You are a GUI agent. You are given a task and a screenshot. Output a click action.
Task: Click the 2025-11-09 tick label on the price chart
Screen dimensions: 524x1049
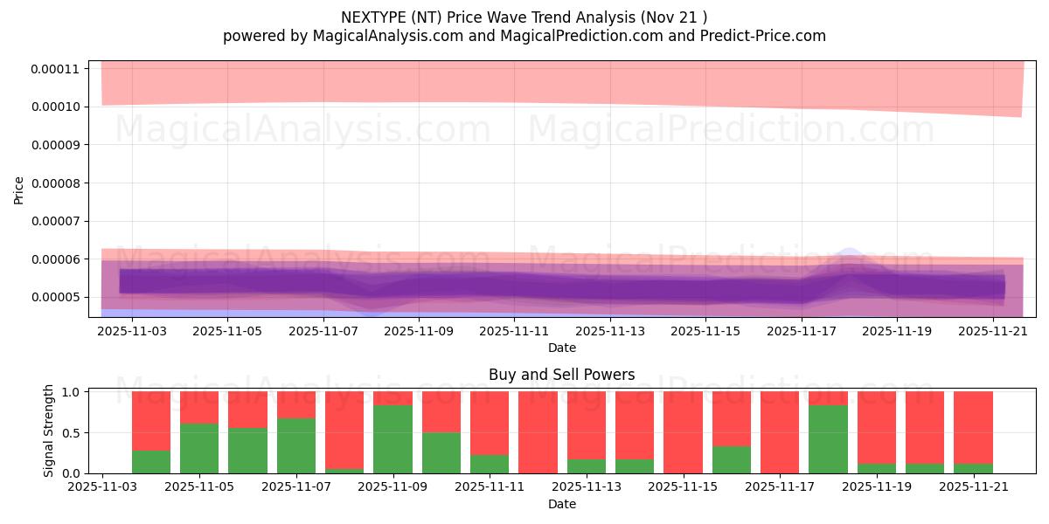click(419, 332)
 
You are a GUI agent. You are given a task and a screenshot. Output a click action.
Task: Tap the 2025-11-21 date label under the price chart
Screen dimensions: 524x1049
click(994, 332)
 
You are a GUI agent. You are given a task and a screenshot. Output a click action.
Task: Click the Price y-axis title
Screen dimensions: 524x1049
click(19, 190)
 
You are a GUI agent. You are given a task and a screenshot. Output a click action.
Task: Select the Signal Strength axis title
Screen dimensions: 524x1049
click(49, 431)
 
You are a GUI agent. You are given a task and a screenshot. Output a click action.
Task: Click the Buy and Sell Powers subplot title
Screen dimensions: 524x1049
click(561, 375)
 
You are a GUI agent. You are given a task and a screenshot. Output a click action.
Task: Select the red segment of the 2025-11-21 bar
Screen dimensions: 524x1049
click(973, 426)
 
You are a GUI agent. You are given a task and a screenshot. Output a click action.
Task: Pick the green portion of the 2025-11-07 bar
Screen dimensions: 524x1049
click(296, 445)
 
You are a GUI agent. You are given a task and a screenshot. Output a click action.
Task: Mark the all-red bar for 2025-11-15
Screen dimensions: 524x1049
click(683, 432)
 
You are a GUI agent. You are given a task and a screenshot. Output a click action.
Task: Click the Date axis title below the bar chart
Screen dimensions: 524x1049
click(561, 504)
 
